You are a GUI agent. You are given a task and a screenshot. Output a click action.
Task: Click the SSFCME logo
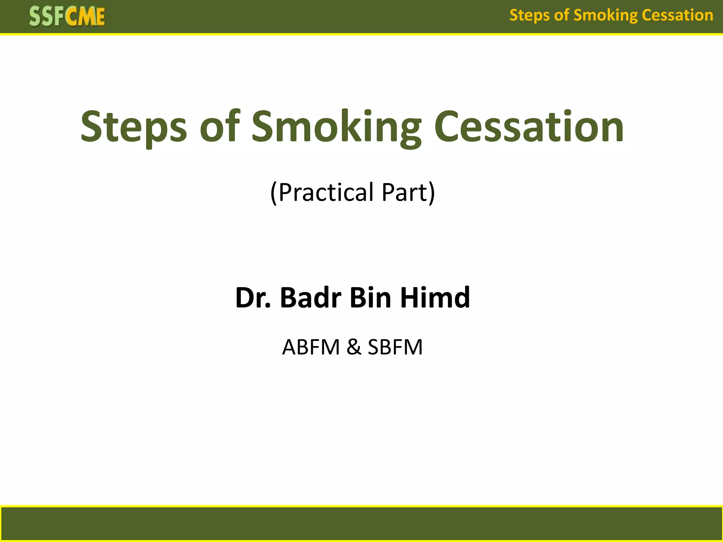click(67, 17)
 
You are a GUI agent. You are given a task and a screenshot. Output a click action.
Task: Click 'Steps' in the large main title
click(133, 127)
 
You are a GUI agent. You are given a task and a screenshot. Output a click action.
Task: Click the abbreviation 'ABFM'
click(311, 347)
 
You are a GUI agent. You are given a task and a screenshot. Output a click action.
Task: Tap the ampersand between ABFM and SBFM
click(354, 347)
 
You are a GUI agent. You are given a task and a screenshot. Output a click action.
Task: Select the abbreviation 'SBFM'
click(395, 347)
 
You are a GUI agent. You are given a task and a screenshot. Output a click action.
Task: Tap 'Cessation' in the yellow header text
click(677, 16)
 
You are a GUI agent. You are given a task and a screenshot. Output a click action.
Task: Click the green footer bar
click(361, 524)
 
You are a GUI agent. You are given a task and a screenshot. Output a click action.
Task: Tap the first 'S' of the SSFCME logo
click(35, 17)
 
